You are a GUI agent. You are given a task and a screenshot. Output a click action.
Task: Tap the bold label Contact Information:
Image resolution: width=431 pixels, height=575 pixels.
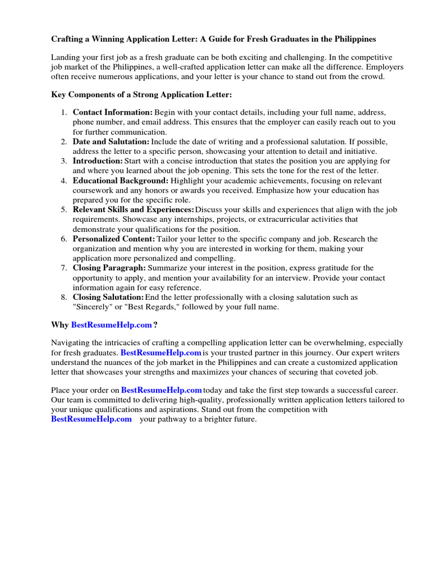[112, 112]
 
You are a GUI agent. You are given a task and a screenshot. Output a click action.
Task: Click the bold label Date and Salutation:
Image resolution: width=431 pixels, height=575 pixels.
[111, 142]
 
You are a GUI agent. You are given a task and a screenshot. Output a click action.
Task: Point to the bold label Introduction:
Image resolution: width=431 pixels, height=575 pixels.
[97, 161]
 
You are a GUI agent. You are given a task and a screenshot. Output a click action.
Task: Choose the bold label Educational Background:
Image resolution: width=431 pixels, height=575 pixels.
[120, 180]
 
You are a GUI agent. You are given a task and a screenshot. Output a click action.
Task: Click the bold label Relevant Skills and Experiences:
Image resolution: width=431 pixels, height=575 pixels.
[133, 209]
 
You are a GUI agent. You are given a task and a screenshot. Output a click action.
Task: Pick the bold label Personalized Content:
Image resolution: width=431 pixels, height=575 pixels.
[114, 239]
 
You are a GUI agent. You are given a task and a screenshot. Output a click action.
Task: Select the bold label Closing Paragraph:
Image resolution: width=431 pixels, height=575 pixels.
[109, 268]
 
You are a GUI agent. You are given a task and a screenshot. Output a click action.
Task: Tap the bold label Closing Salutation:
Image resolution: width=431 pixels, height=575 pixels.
[108, 297]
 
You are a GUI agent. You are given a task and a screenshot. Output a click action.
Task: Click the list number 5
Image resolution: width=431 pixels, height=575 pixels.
[64, 209]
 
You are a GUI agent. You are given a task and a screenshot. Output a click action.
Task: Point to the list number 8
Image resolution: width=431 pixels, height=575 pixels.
[64, 297]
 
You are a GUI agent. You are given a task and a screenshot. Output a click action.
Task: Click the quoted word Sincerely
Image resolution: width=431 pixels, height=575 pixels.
[91, 307]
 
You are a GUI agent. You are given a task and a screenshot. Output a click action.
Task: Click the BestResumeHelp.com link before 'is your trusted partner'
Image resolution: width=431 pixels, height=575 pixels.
[161, 353]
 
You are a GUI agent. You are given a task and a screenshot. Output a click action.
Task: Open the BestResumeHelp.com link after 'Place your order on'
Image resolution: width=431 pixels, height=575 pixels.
[162, 390]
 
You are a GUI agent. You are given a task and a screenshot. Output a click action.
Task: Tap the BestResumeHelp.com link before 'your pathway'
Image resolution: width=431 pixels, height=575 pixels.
[91, 419]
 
